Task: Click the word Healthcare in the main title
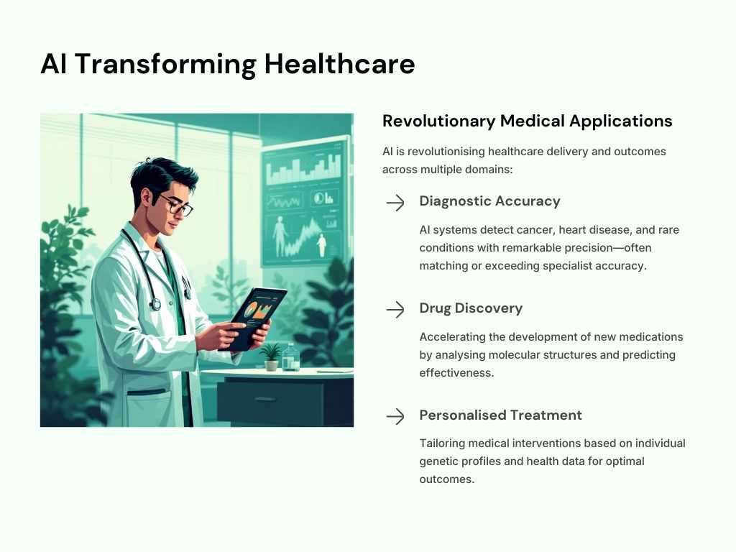pyautogui.click(x=339, y=63)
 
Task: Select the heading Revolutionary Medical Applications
pyautogui.click(x=527, y=121)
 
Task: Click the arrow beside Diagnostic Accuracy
pyautogui.click(x=395, y=203)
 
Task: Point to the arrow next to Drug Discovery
pyautogui.click(x=395, y=310)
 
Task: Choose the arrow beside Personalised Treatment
pyautogui.click(x=395, y=416)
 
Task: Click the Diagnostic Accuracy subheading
pyautogui.click(x=489, y=201)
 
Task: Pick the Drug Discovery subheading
pyautogui.click(x=471, y=308)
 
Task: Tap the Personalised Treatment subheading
pyautogui.click(x=500, y=415)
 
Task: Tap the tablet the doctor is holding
pyautogui.click(x=252, y=319)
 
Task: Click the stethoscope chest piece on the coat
pyautogui.click(x=155, y=305)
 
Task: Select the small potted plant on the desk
pyautogui.click(x=271, y=356)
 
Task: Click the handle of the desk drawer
pyautogui.click(x=265, y=400)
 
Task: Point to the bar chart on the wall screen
pyautogui.click(x=304, y=170)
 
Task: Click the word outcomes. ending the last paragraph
pyautogui.click(x=447, y=479)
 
